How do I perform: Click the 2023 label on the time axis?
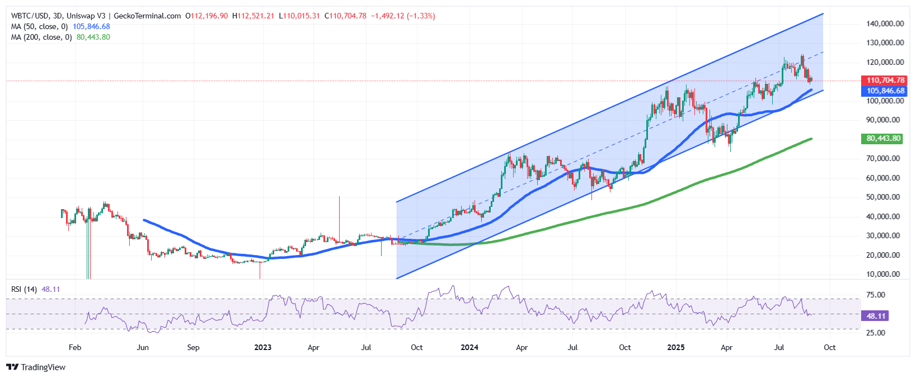pos(262,347)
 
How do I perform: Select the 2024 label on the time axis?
pos(469,347)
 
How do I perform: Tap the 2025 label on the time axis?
pos(675,347)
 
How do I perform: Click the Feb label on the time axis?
pos(75,347)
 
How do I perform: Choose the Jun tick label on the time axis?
pos(143,347)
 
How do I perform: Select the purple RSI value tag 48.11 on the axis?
pos(876,316)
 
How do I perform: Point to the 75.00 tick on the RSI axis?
pos(876,295)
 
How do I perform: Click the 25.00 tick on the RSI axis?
pos(876,333)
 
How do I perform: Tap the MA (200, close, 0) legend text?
pos(41,37)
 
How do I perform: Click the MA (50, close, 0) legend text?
pos(39,26)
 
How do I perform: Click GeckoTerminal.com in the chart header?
pos(147,16)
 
